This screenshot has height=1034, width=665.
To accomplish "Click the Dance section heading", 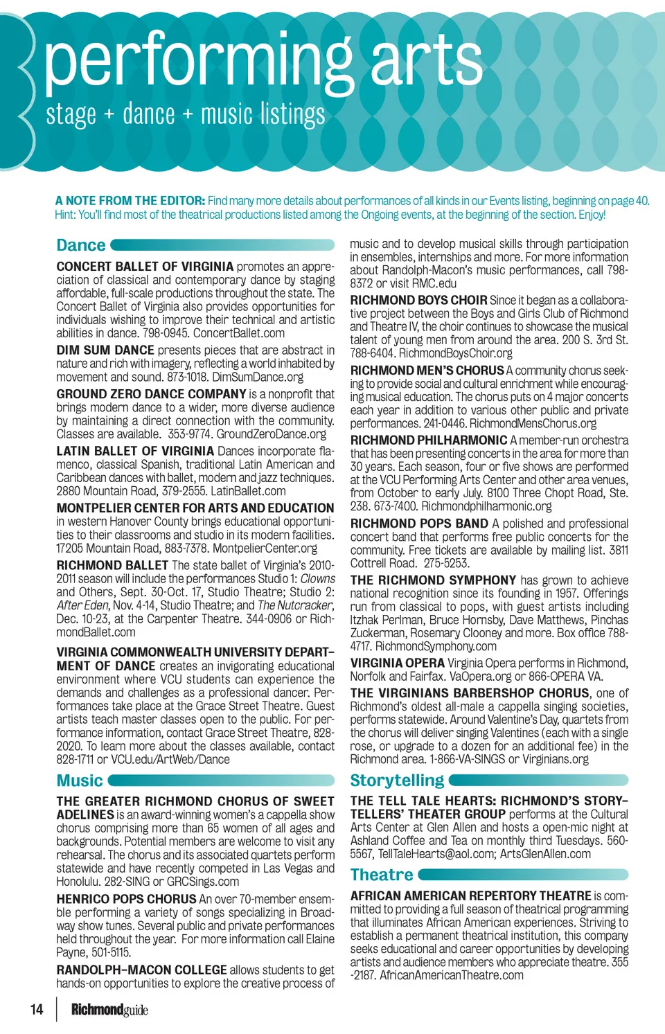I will pyautogui.click(x=81, y=245).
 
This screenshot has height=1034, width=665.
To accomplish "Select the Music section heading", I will pyautogui.click(x=80, y=781).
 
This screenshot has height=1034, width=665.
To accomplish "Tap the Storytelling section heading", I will pyautogui.click(x=397, y=781).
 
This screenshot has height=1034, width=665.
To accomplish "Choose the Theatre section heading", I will pyautogui.click(x=382, y=875).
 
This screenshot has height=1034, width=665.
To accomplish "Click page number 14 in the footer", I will pyautogui.click(x=37, y=1009).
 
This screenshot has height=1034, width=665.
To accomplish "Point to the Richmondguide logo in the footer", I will pyautogui.click(x=109, y=1010).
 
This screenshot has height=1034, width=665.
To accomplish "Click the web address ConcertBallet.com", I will pyautogui.click(x=239, y=333).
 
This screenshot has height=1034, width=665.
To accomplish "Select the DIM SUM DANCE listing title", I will pyautogui.click(x=105, y=350).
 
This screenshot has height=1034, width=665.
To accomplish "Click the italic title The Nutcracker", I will pyautogui.click(x=295, y=605).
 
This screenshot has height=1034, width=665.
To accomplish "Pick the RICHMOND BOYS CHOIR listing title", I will pyautogui.click(x=418, y=300).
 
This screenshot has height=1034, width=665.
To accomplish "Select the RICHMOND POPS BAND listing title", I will pyautogui.click(x=419, y=524).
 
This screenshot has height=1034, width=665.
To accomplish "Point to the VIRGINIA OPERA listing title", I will pyautogui.click(x=397, y=663).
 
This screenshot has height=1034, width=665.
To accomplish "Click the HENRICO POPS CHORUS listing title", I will pyautogui.click(x=126, y=899).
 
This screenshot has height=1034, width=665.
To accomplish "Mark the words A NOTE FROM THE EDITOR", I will pyautogui.click(x=130, y=201).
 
